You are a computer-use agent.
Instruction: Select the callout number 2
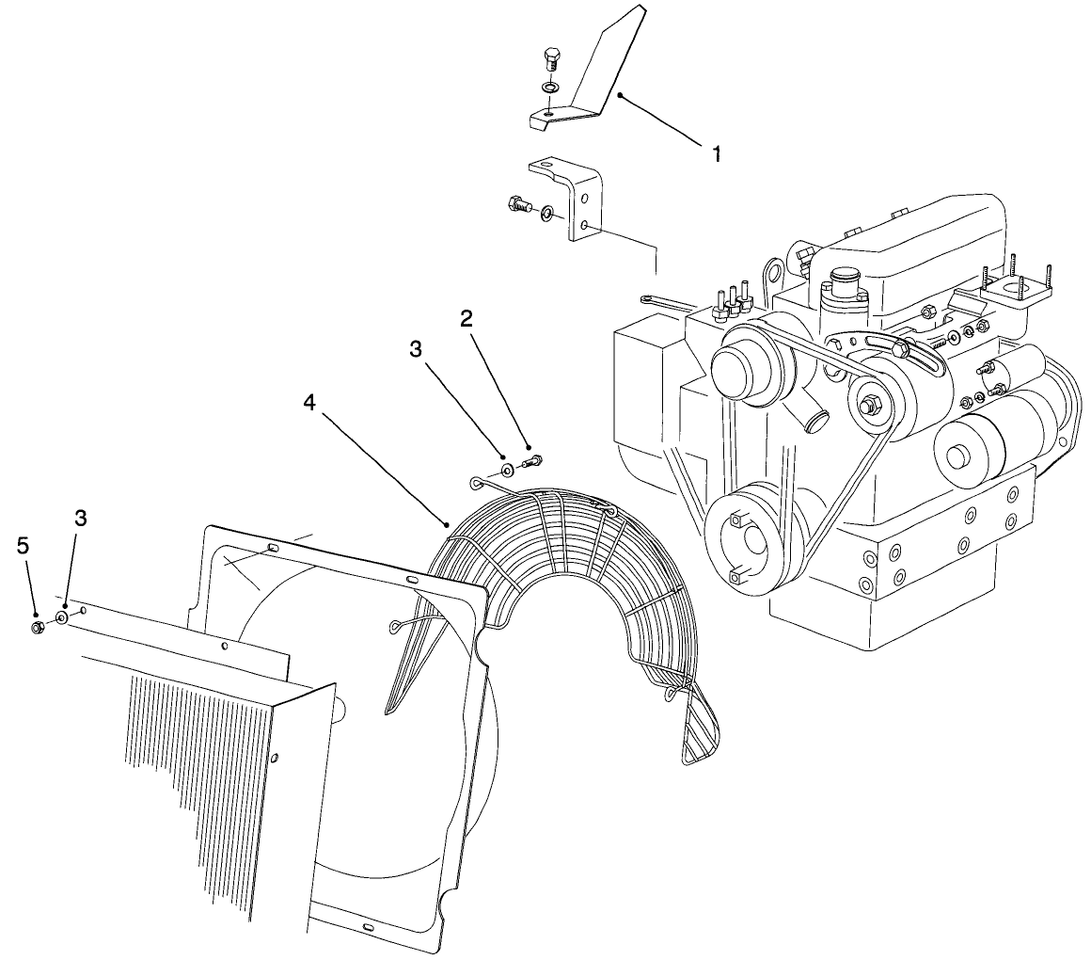click(x=466, y=318)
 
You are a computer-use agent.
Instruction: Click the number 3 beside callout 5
click(x=82, y=518)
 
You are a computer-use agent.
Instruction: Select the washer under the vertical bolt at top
click(x=550, y=88)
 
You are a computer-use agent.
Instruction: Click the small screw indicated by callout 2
click(x=533, y=461)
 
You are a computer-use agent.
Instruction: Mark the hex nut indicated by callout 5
click(x=36, y=627)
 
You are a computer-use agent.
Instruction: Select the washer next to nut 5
click(x=61, y=618)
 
